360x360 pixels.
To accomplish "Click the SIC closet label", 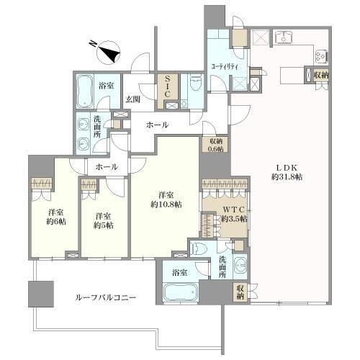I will tap(166, 85).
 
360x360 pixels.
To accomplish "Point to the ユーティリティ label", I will tap(225, 66).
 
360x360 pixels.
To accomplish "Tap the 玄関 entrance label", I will tap(133, 99).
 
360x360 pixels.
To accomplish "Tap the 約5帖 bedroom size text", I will tap(102, 224).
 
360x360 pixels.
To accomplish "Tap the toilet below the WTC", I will tap(199, 249).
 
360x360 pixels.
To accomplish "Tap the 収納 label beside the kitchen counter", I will tap(321, 73).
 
